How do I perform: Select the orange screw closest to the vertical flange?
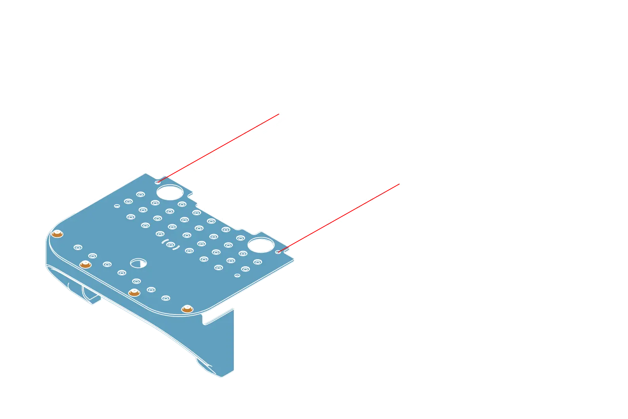click(186, 309)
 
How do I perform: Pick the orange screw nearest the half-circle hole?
click(134, 292)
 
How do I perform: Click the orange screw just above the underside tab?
click(85, 264)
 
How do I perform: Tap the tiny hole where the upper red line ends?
click(157, 182)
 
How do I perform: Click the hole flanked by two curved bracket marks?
click(170, 244)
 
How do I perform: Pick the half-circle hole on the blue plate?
click(138, 264)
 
